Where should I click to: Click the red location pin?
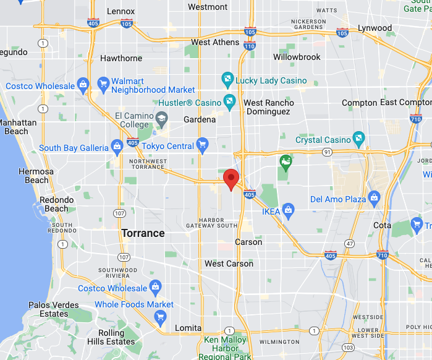(x=231, y=178)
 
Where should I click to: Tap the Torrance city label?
(x=143, y=233)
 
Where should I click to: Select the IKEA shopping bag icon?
(x=287, y=208)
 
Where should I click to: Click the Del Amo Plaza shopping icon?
(x=373, y=199)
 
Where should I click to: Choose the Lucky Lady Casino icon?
(x=227, y=80)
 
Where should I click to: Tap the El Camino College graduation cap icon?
(x=161, y=118)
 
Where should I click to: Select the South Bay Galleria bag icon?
(x=116, y=147)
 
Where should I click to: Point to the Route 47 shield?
(x=350, y=244)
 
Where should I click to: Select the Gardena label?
(x=200, y=119)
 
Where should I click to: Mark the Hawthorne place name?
(x=121, y=58)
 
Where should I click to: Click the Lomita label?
(x=188, y=328)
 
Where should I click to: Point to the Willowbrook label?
(x=297, y=57)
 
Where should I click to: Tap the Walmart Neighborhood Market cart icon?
(x=102, y=83)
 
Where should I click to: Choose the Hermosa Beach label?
(x=36, y=176)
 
